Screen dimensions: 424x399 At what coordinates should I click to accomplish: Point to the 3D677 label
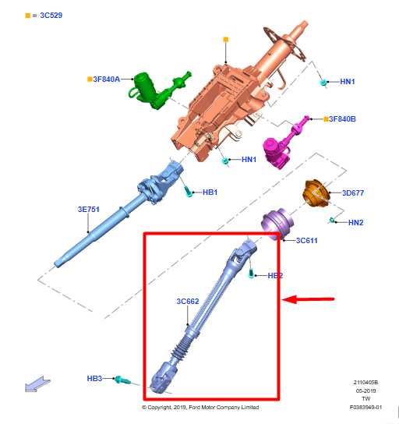[x=352, y=193]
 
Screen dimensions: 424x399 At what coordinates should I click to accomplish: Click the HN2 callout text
[x=355, y=223]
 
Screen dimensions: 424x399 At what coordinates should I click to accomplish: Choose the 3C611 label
[x=306, y=241]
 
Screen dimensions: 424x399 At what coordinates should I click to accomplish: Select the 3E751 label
[x=89, y=209]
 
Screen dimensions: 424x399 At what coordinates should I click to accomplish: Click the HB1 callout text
[x=210, y=192]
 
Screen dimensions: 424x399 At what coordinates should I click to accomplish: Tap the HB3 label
[x=94, y=378]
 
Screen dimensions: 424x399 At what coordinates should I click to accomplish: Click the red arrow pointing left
[x=311, y=299]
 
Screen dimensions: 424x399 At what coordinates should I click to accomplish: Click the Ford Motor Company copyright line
[x=200, y=407]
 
